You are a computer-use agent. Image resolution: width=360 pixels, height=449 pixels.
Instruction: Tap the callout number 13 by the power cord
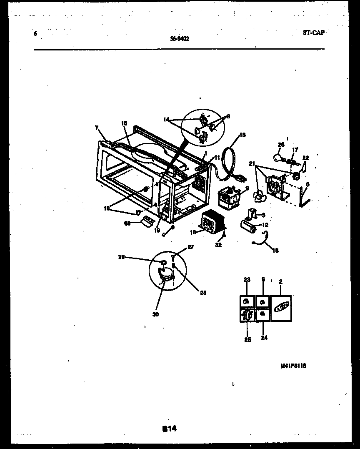coord(243,135)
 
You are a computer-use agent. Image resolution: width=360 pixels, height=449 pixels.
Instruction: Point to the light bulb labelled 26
coord(278,157)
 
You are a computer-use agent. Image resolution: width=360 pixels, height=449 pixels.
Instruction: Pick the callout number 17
coord(295,149)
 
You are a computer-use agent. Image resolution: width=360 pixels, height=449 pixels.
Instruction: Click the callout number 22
coord(306,158)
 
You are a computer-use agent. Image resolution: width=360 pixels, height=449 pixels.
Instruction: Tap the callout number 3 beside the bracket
coord(262,215)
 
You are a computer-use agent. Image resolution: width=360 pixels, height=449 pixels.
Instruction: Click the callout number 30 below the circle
coord(155,314)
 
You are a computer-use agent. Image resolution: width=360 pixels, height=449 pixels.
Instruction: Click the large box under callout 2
coord(281,308)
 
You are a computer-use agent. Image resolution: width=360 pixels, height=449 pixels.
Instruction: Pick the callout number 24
coord(264,338)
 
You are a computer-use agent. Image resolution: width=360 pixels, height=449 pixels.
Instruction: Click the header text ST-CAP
coord(313,33)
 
